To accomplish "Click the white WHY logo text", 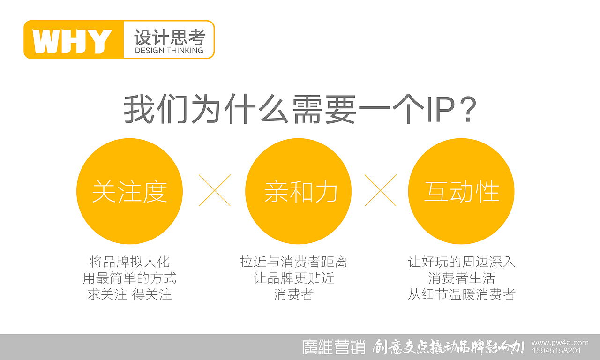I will [73, 41].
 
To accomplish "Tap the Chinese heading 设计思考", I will [169, 37].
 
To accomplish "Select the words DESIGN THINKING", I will [169, 51].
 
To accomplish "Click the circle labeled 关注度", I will [129, 191].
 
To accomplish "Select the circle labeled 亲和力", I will [298, 191].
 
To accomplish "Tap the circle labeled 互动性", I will [461, 191].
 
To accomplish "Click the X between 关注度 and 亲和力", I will [215, 190].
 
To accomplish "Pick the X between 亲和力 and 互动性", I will [380, 190].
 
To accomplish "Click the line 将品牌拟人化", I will [129, 262].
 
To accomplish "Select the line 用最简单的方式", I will [129, 278].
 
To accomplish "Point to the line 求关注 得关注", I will [129, 294].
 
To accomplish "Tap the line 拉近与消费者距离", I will [293, 262].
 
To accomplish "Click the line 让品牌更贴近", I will [293, 278].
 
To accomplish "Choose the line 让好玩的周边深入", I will [462, 262].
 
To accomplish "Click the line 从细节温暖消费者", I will [462, 294].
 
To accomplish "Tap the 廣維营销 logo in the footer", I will [333, 347].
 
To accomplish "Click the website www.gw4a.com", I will [560, 343].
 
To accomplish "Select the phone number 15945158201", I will [556, 351].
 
